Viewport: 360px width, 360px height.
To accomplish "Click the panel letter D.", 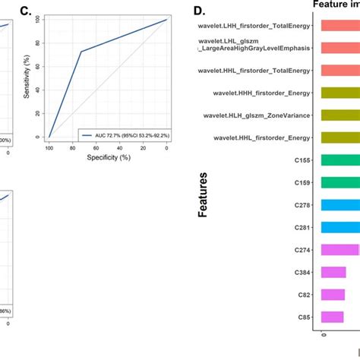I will click(x=199, y=12).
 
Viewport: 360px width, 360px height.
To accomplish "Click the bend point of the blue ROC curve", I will click(x=81, y=52).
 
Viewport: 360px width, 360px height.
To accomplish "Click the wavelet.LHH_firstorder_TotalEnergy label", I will click(x=256, y=26).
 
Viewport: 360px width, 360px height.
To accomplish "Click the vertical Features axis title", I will click(x=204, y=194).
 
